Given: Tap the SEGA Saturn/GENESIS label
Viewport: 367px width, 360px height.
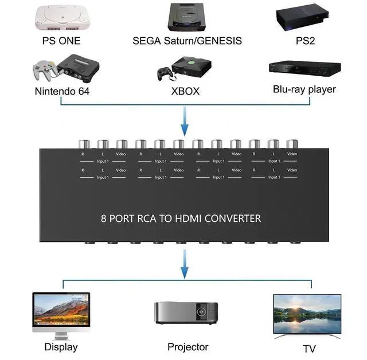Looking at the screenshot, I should [187, 41].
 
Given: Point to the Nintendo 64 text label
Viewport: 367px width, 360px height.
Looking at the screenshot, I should [62, 91].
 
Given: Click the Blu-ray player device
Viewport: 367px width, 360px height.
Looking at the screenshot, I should [304, 68].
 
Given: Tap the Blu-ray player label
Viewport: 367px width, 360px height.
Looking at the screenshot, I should [304, 89].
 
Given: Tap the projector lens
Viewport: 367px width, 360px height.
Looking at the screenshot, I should [202, 312].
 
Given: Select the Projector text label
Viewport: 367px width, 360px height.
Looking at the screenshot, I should [188, 347].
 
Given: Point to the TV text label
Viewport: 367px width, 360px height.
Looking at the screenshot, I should [310, 349].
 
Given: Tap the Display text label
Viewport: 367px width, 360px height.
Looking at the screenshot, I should [61, 347].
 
